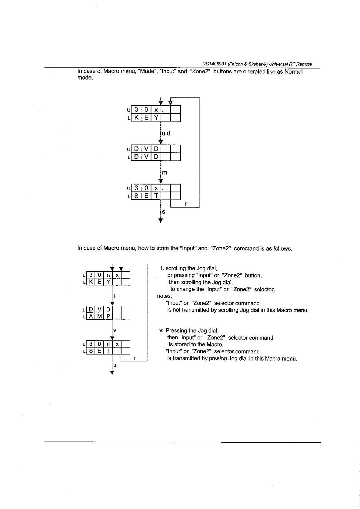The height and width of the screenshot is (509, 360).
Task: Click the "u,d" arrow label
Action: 166,133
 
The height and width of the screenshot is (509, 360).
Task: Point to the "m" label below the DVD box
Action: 165,173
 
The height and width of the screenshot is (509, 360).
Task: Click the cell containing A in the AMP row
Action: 91,317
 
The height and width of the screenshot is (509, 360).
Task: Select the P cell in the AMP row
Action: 108,317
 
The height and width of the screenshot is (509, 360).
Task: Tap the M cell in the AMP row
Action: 99,317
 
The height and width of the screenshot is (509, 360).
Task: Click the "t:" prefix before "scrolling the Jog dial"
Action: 162,268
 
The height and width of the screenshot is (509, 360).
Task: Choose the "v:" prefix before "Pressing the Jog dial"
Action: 162,331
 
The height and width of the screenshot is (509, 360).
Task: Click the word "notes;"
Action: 165,296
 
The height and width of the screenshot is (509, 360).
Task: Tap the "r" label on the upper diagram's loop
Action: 185,204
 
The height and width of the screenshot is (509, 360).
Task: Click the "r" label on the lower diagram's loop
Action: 135,358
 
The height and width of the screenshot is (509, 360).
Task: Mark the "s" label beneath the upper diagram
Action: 164,212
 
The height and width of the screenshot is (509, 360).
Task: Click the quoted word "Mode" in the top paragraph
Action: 147,72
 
